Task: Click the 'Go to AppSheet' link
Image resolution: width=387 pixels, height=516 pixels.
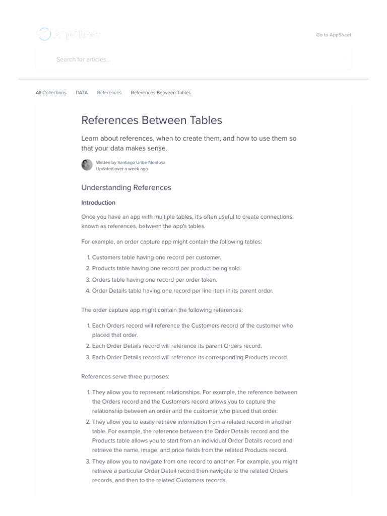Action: coord(333,35)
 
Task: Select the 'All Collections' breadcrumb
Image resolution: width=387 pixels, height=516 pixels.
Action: coord(51,93)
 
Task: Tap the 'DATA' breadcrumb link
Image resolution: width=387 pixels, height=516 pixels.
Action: coord(82,93)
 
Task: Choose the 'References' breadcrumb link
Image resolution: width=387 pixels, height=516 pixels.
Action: coord(109,93)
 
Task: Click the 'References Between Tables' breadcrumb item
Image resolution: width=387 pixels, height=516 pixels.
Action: coord(161,93)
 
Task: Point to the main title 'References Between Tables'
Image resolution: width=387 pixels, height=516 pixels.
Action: coord(151,120)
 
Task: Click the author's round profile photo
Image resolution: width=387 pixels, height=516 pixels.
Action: coord(87,165)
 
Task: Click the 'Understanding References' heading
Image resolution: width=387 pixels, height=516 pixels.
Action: coord(126,187)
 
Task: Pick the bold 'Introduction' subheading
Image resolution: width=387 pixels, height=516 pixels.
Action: coord(98,203)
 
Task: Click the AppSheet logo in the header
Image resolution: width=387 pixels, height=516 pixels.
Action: coord(69,34)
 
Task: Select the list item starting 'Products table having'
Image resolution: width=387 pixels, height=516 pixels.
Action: coord(166,268)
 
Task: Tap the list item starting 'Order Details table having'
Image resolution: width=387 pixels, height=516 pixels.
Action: coord(183,290)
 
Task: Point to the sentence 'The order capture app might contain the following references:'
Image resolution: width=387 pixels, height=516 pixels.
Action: coord(162,309)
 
